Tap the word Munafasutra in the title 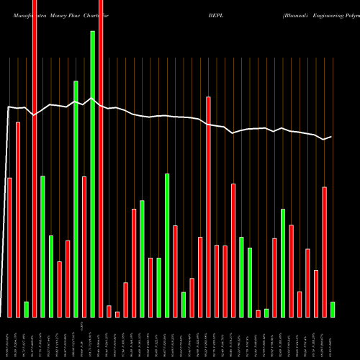[24, 13]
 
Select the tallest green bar [92, 174]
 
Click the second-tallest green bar [76, 199]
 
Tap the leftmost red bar [9, 247]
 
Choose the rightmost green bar [333, 310]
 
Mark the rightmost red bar [324, 252]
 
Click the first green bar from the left [26, 310]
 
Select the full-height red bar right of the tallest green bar [100, 158]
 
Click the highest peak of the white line [91, 99]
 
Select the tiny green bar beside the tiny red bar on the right [266, 312]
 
